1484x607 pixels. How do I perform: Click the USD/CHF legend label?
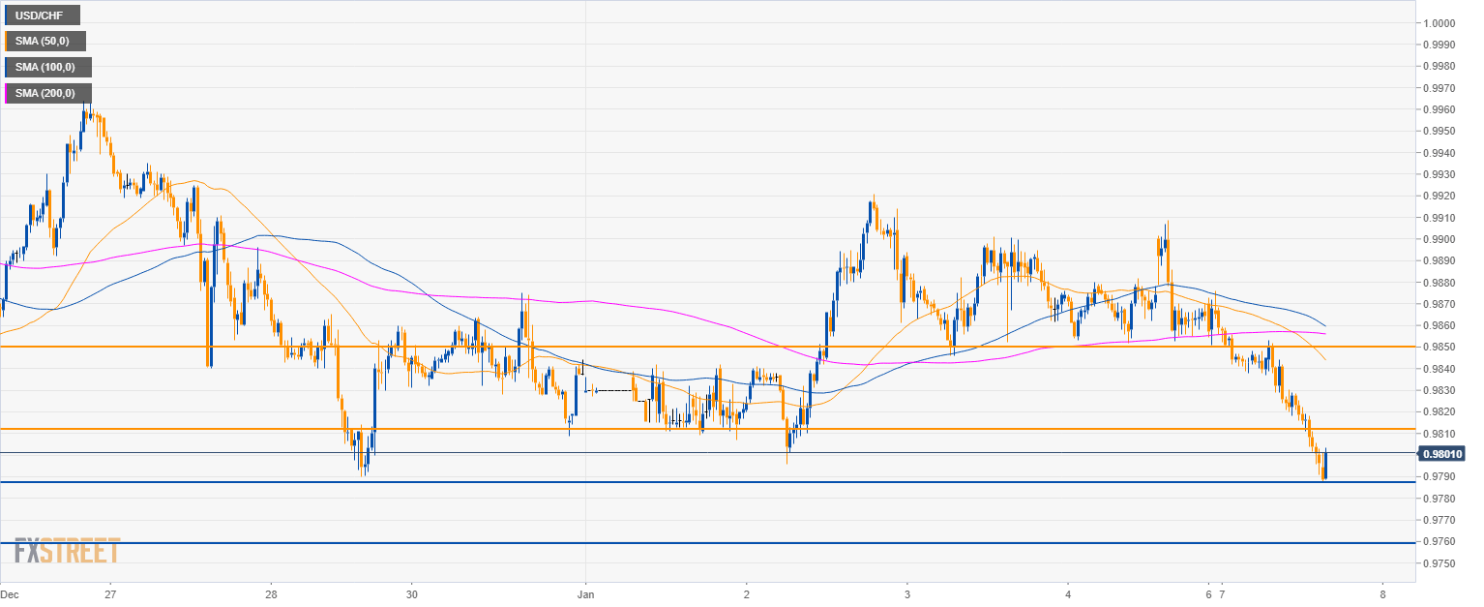click(x=42, y=15)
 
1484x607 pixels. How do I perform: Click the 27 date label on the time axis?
click(x=110, y=593)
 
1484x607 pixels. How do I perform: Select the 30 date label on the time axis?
click(x=412, y=593)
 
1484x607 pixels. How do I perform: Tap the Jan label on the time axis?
click(x=585, y=593)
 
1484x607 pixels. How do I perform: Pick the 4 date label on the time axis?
click(x=1067, y=593)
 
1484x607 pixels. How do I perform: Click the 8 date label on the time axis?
click(x=1382, y=593)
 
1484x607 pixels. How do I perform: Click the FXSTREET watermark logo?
click(x=67, y=551)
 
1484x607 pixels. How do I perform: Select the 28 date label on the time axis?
click(x=272, y=593)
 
